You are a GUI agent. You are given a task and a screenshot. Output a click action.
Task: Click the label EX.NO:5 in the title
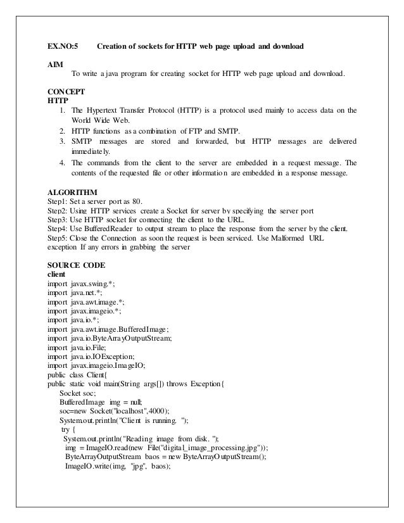tap(63, 47)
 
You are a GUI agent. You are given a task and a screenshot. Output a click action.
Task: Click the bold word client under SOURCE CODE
tap(58, 275)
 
